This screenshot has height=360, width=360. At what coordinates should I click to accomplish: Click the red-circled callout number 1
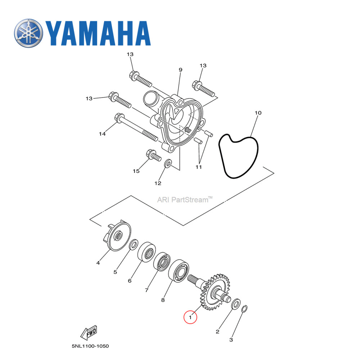190,317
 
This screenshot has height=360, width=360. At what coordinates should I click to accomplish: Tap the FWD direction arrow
88,333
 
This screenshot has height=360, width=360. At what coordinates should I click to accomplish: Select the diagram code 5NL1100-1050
90,346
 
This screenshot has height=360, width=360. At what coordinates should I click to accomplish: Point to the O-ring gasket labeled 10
239,156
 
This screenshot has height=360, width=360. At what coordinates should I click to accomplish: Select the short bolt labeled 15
153,156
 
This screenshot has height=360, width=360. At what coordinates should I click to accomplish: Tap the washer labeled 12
168,165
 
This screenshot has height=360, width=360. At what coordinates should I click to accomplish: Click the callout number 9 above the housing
180,69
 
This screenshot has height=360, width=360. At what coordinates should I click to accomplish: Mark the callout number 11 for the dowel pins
199,167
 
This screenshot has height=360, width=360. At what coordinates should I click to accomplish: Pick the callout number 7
147,290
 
